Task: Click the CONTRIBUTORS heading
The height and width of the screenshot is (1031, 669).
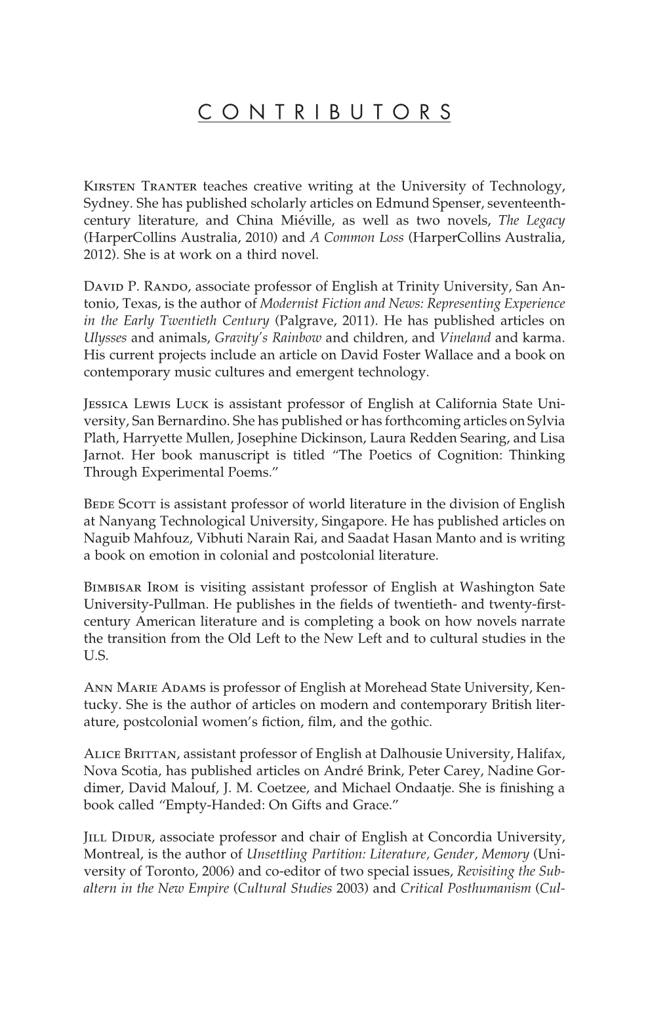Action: tap(324, 111)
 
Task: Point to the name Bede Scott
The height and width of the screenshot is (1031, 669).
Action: tap(120, 504)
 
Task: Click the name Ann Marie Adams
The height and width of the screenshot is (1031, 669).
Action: tap(146, 688)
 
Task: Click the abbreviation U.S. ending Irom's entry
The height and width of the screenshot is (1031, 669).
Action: tap(94, 655)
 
